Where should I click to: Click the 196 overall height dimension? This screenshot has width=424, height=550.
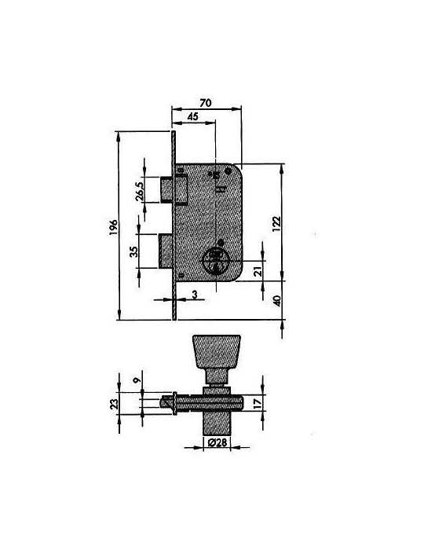tap(113, 228)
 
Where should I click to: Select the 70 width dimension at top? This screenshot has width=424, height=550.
tap(206, 103)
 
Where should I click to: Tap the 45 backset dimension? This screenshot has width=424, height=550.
tap(192, 116)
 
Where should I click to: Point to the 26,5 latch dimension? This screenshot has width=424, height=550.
tap(140, 191)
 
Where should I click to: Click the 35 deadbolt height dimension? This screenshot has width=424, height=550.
tap(133, 251)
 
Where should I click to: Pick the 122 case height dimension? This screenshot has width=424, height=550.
tap(276, 224)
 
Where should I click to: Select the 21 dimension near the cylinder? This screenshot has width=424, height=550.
tap(258, 271)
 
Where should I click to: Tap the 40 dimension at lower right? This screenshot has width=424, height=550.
tap(277, 301)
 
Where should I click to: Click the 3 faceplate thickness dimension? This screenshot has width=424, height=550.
tap(195, 295)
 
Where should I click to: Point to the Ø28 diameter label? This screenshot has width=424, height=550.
tap(217, 442)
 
